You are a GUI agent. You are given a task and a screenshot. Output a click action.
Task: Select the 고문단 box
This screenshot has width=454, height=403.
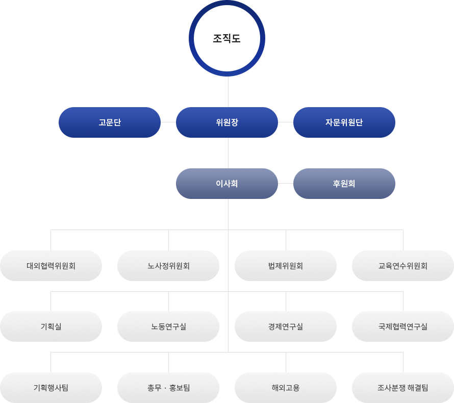(x=110, y=122)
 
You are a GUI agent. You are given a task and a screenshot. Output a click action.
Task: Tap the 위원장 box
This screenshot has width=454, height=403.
(x=227, y=122)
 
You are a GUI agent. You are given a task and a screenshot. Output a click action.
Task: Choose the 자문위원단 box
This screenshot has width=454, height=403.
(x=344, y=122)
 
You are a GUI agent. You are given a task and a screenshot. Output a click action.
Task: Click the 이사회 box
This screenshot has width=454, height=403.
(x=227, y=184)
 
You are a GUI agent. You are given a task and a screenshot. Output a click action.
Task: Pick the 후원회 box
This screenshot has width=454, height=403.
(x=344, y=184)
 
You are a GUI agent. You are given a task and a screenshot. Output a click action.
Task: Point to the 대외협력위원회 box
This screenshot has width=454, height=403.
(x=51, y=266)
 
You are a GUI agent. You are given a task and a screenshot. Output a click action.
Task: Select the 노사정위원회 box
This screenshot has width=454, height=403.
(x=168, y=266)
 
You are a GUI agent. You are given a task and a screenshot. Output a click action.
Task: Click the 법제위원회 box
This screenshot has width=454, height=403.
(x=286, y=266)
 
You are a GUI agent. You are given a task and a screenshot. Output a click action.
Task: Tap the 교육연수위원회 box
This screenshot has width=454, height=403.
(x=403, y=266)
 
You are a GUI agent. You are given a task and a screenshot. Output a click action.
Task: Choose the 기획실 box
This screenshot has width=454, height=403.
(x=51, y=326)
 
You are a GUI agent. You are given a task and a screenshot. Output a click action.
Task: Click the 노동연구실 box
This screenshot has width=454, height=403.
(x=168, y=326)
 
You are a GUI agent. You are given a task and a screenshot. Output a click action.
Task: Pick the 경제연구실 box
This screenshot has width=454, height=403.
(x=286, y=326)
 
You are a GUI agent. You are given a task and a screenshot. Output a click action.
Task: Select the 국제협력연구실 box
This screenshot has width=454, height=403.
(x=403, y=326)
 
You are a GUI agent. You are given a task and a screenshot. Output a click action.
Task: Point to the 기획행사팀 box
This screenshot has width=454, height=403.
(x=51, y=388)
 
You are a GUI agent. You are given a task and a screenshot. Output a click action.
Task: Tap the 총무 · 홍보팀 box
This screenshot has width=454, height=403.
(x=168, y=388)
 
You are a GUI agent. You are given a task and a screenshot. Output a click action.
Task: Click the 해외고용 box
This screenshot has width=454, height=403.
(x=286, y=388)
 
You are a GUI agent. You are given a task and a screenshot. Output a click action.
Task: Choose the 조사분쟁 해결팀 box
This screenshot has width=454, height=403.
(x=403, y=388)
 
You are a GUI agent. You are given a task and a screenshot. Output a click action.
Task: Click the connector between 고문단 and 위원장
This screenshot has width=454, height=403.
(x=168, y=122)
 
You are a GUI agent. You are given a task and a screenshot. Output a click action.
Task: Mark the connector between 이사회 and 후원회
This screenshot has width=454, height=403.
(x=286, y=183)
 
